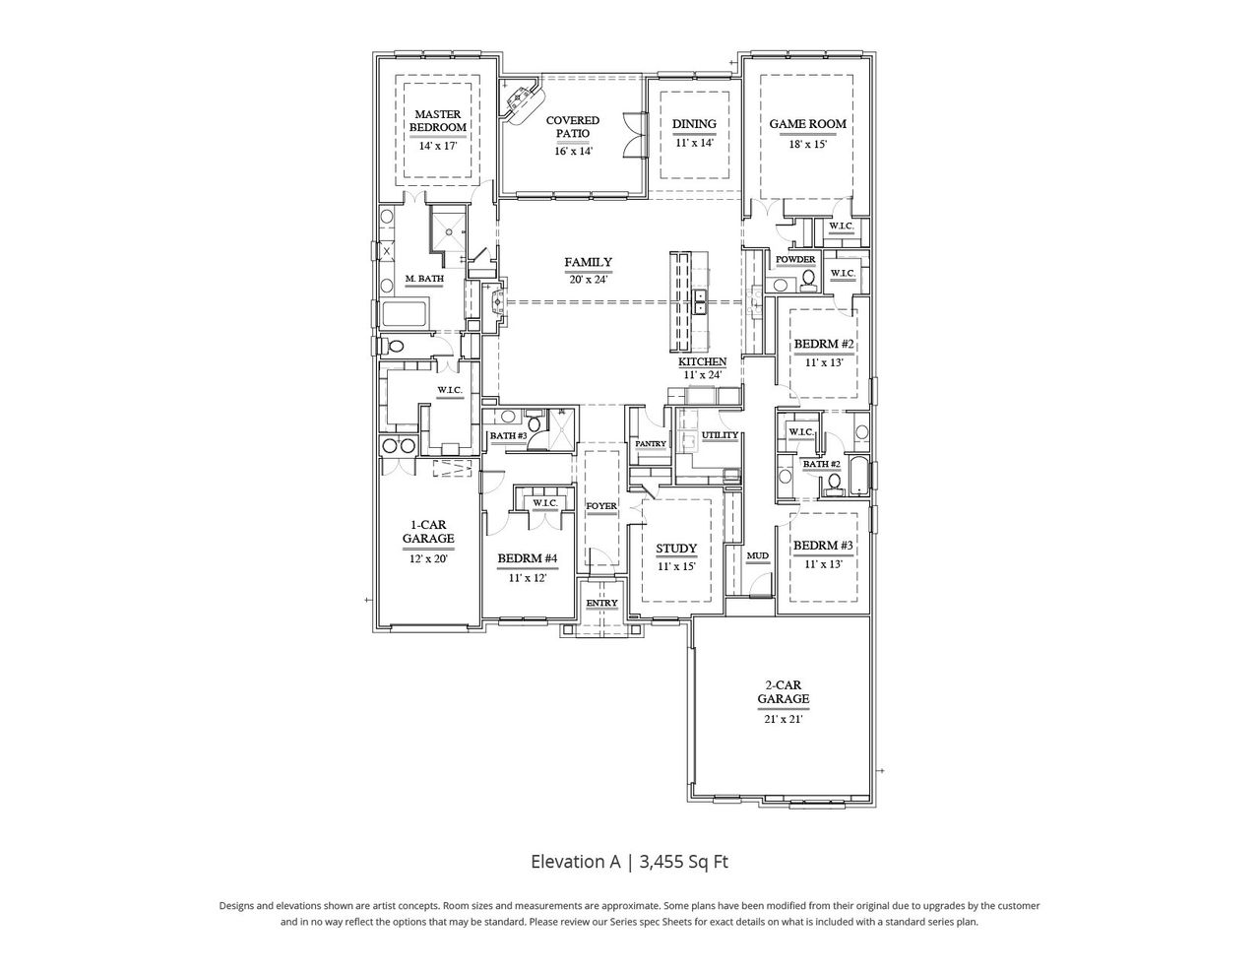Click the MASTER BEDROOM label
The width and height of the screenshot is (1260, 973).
pyautogui.click(x=438, y=121)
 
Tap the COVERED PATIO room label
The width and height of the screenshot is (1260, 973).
pyautogui.click(x=572, y=127)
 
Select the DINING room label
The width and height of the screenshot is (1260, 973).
pyautogui.click(x=694, y=124)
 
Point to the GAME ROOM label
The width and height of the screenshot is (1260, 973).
pyautogui.click(x=807, y=124)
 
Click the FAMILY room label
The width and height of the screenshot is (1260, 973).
pyautogui.click(x=588, y=263)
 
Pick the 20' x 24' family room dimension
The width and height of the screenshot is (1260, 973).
pyautogui.click(x=588, y=279)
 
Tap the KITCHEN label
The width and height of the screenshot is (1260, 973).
pyautogui.click(x=702, y=362)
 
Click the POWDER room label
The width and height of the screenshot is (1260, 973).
pyautogui.click(x=795, y=260)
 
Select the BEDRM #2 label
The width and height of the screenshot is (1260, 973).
pyautogui.click(x=823, y=345)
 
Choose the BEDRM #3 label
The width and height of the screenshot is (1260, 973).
pyautogui.click(x=823, y=547)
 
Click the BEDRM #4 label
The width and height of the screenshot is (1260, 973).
pyautogui.click(x=527, y=559)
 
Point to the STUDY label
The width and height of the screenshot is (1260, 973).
pyautogui.click(x=676, y=550)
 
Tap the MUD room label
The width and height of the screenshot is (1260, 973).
pyautogui.click(x=757, y=556)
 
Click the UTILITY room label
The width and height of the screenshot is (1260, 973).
pyautogui.click(x=720, y=435)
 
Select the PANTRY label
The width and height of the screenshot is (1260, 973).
pyautogui.click(x=651, y=444)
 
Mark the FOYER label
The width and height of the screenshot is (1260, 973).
pyautogui.click(x=601, y=506)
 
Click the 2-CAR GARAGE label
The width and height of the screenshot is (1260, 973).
pyautogui.click(x=784, y=692)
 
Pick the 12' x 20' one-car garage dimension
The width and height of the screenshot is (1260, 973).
pyautogui.click(x=428, y=558)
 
